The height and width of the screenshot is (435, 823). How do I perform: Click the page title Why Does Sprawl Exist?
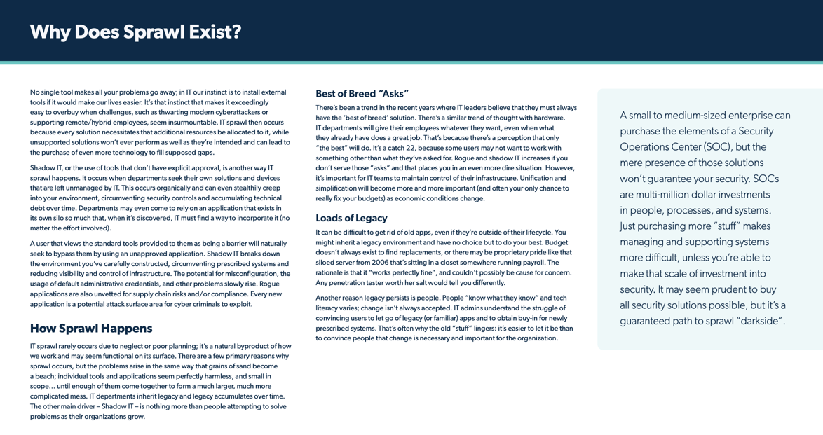point(135,32)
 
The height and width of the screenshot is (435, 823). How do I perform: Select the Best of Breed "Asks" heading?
point(362,94)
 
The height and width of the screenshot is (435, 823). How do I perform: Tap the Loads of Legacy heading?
point(351,218)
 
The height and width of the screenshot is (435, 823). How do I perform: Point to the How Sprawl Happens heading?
point(91,328)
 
